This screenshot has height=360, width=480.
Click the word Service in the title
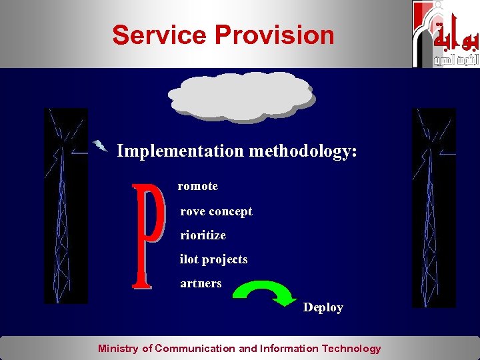151,35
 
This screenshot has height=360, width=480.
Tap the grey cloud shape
241,97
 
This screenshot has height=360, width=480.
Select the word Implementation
180,151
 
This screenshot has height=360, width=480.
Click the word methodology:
303,151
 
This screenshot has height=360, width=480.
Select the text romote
197,186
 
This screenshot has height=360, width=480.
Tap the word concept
230,212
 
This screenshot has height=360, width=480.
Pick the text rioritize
203,235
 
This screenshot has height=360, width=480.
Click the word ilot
189,259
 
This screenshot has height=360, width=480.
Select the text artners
201,283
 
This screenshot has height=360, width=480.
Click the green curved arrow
267,294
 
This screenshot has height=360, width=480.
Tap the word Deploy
323,307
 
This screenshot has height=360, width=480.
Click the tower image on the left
65,207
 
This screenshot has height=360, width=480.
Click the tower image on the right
433,207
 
